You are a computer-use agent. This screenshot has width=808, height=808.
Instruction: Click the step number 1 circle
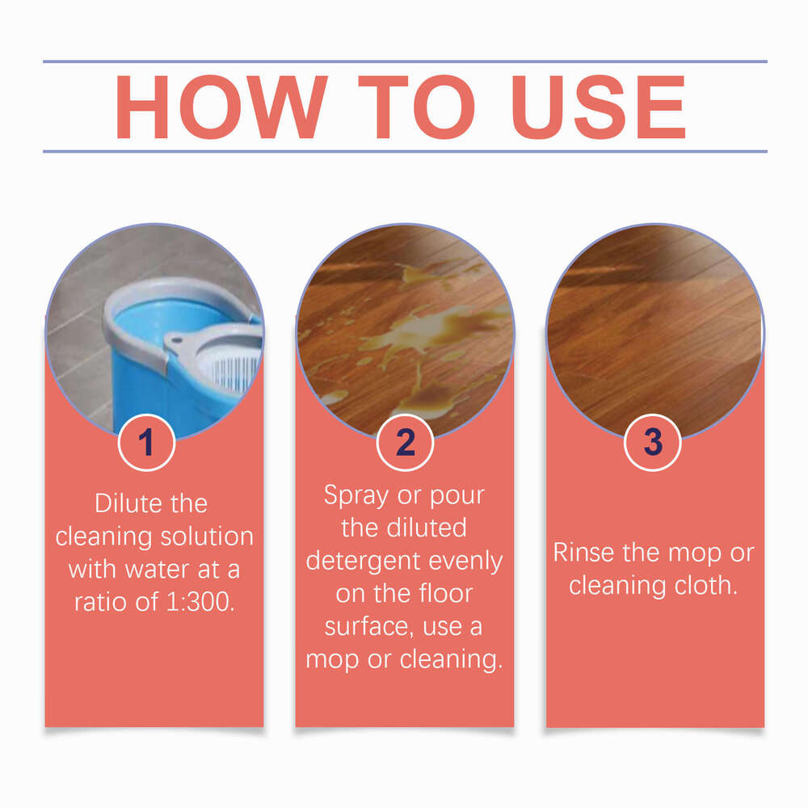(146, 443)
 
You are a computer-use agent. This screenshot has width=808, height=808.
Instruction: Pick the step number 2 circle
(406, 443)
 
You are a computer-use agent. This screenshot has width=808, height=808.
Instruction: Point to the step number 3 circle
(653, 443)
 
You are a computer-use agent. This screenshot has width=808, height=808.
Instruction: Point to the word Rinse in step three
(587, 553)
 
